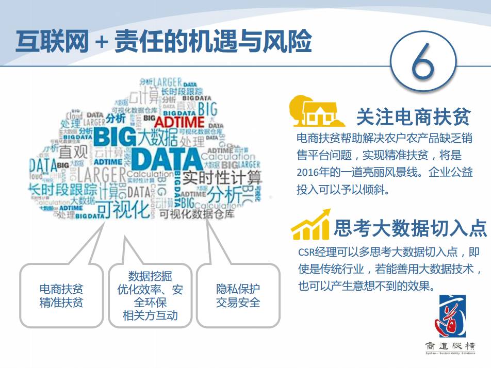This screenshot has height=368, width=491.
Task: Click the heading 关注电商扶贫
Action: tap(413, 118)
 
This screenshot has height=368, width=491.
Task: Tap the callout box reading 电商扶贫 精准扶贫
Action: tap(61, 295)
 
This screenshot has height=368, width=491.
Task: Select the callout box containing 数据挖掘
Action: tap(150, 295)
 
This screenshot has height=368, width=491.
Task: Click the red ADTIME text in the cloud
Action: tap(179, 122)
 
